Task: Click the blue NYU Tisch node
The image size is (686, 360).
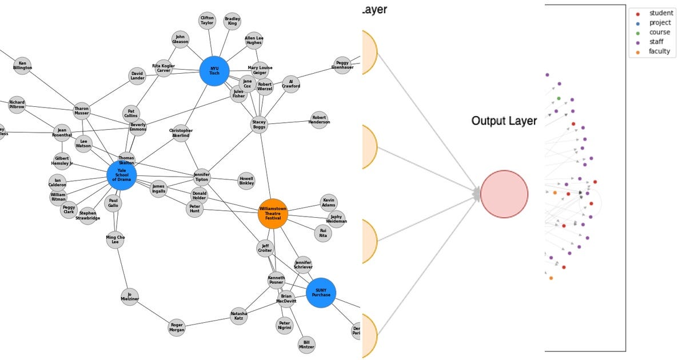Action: coord(214,71)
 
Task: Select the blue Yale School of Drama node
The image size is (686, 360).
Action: coord(122,175)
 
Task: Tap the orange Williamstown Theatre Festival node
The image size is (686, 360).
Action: coord(273,214)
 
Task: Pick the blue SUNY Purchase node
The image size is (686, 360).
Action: coord(321,293)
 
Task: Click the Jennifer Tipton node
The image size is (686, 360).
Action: coord(202,177)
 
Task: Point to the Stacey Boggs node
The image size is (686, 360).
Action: coord(259,125)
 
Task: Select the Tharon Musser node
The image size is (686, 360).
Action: coord(82,111)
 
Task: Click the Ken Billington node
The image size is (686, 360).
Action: coord(22,66)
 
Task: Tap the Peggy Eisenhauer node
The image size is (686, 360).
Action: coord(342,65)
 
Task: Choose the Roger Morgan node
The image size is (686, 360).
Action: coord(177,327)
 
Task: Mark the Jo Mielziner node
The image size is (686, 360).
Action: coord(130,297)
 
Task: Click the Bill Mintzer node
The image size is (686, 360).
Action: coord(306,345)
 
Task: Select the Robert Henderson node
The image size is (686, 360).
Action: coord(319,120)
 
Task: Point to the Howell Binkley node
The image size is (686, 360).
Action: coord(246,181)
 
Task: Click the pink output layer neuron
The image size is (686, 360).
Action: coord(504,194)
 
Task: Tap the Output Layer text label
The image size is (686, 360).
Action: coord(504,121)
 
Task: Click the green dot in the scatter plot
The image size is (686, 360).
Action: coord(559,98)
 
